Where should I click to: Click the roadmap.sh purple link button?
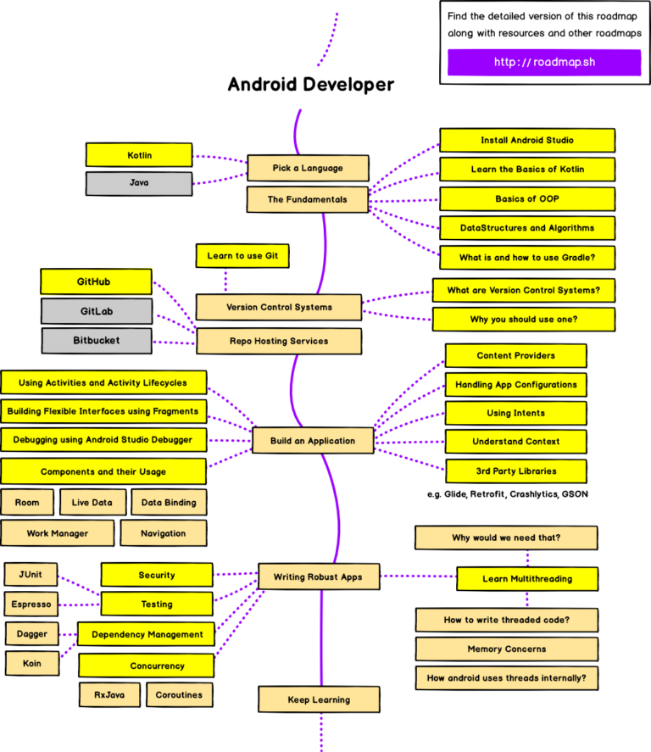[544, 63]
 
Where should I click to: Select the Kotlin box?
[139, 155]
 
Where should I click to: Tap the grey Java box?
[139, 183]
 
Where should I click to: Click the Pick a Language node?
[308, 168]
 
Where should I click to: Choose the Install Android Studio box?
[526, 141]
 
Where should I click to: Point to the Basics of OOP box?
[526, 199]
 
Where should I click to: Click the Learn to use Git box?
[242, 256]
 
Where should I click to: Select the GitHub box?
[95, 281]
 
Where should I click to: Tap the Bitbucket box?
[96, 341]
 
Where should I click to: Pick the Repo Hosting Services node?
[279, 342]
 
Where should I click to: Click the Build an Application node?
[313, 441]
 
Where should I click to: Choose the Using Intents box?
[515, 414]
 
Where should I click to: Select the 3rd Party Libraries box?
[515, 471]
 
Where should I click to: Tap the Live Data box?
[92, 503]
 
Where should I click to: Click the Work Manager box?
[57, 534]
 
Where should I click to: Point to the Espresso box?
[32, 605]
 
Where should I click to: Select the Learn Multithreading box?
[526, 579]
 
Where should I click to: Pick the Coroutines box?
[179, 695]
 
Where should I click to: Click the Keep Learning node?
[318, 700]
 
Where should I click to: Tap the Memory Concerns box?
[506, 649]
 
